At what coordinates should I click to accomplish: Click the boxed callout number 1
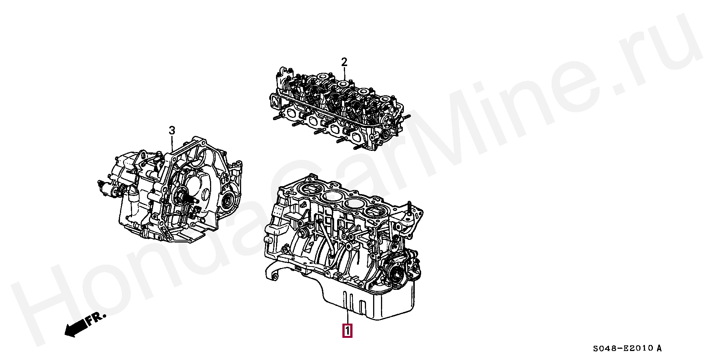point(347,331)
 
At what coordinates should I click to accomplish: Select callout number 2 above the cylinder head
point(344,62)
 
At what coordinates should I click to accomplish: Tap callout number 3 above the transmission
point(172,131)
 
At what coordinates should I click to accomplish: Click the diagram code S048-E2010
point(624,348)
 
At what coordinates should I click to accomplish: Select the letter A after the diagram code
point(659,348)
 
